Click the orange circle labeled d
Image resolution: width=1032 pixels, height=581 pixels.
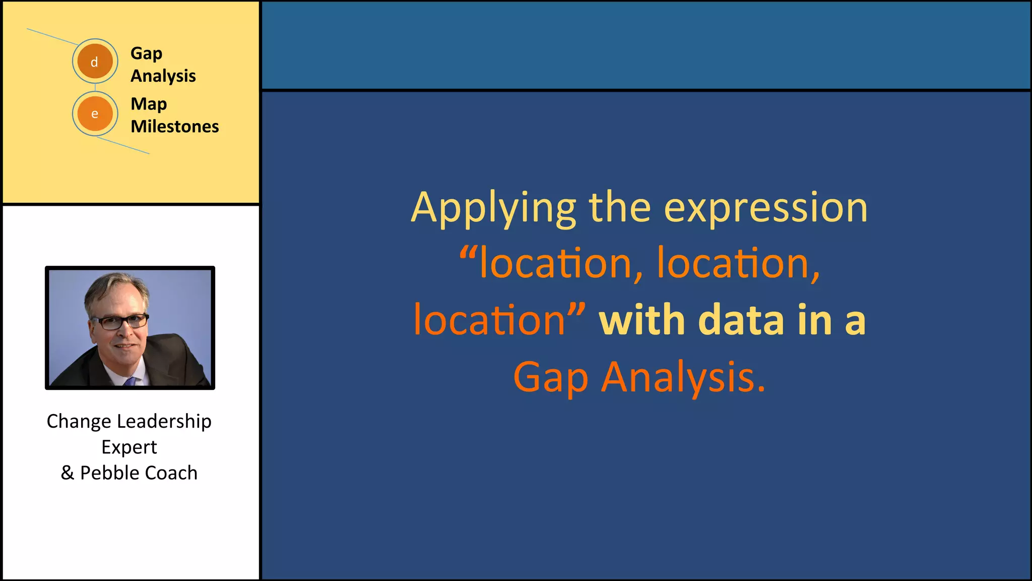pos(95,62)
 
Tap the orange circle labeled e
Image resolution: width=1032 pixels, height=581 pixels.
pos(95,113)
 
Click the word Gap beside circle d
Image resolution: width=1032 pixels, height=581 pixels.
pos(146,53)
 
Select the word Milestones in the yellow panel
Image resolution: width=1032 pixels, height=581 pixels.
pos(174,126)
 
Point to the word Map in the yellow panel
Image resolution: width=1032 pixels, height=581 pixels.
pos(148,104)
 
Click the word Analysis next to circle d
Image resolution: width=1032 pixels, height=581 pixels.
pos(163,76)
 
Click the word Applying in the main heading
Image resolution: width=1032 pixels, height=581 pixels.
pos(493,208)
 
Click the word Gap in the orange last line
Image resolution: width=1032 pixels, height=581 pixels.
pos(550,377)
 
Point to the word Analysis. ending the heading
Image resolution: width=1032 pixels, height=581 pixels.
pos(683,377)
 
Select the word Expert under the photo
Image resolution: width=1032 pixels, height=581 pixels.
pos(129,447)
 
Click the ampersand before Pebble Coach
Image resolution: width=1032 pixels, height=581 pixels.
pos(67,473)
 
